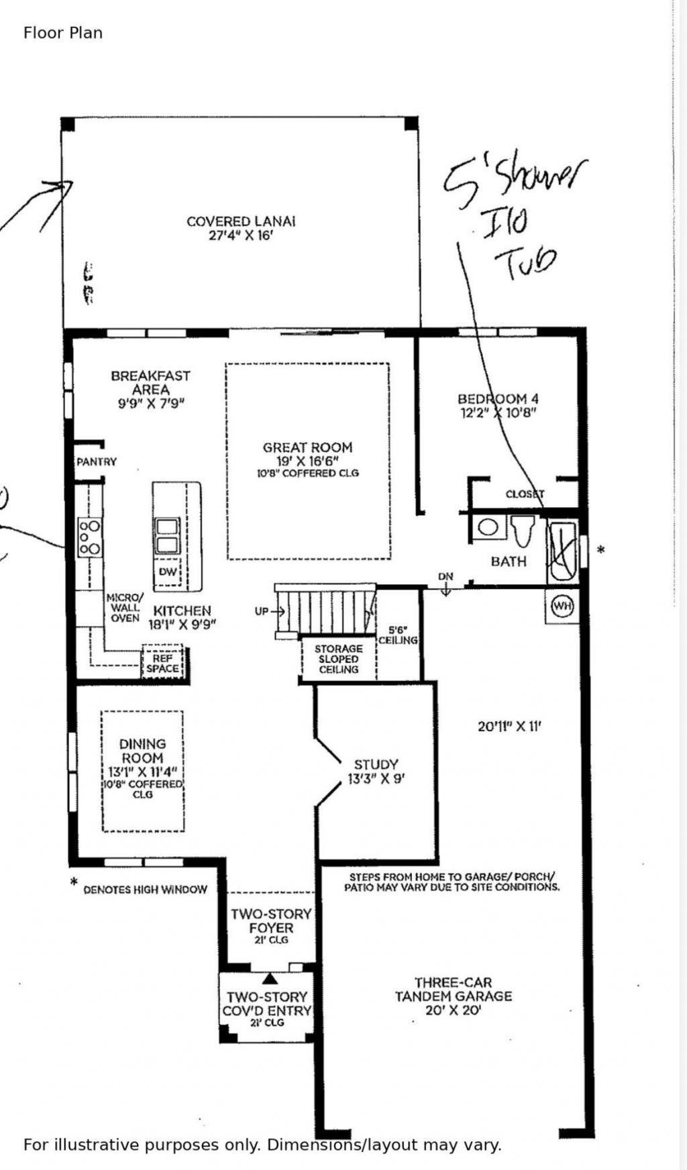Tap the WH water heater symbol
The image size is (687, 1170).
[562, 606]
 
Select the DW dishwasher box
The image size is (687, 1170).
[168, 572]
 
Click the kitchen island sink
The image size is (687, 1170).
[168, 535]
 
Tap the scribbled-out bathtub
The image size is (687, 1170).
[562, 552]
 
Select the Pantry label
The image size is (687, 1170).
[97, 462]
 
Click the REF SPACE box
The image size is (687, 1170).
[162, 663]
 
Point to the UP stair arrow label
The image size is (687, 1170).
[262, 611]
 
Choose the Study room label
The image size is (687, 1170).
[376, 764]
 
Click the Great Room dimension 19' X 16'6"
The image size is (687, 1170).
[307, 462]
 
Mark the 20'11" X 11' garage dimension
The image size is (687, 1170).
[509, 726]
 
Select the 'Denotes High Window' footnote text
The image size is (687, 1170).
[145, 890]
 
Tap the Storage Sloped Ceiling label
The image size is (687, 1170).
[338, 659]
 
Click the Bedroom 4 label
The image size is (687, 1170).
[498, 399]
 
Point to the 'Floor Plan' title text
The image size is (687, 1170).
[63, 33]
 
